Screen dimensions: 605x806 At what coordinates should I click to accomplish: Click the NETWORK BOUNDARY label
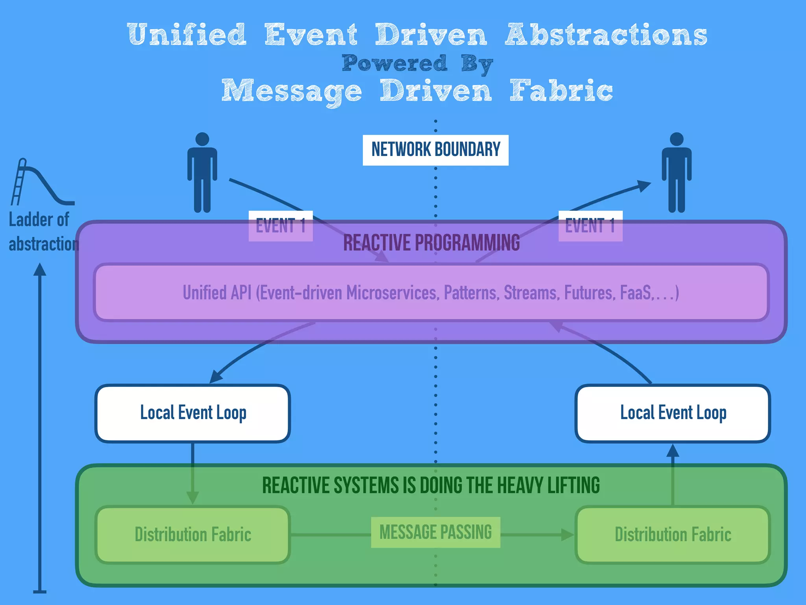coord(435,150)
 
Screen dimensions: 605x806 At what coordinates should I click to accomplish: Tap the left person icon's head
coord(202,139)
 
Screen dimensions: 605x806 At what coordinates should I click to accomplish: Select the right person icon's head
coord(677,139)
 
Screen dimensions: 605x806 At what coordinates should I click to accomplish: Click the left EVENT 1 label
coord(281,226)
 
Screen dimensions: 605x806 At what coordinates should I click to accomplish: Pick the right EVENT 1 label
coord(590,226)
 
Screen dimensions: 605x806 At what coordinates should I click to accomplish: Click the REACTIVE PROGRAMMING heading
coord(431,243)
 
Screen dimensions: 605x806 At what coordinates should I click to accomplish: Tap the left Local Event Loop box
coord(193,413)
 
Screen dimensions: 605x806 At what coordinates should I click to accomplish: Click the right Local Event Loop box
coord(673,413)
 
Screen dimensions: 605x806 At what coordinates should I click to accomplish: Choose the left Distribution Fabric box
coord(193,534)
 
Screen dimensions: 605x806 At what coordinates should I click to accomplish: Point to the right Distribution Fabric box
coord(673,534)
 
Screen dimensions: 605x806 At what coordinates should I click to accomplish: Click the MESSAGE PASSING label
coord(435,532)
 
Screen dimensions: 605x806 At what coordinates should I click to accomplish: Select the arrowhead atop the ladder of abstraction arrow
coord(40,269)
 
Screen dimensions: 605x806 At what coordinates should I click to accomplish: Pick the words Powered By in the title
coord(417,64)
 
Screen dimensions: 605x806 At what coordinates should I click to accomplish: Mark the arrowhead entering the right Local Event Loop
coord(673,450)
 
